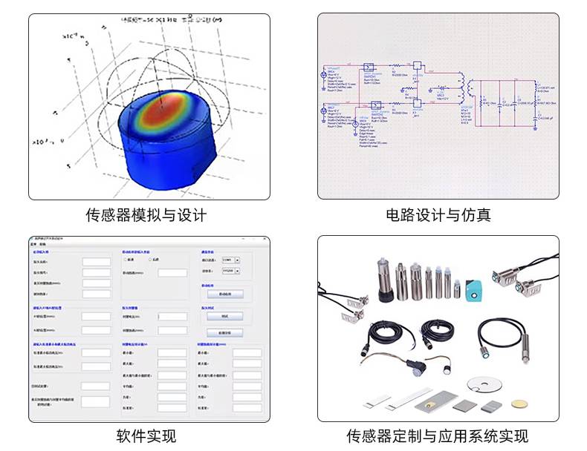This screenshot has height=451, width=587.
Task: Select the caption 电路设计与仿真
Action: (438, 216)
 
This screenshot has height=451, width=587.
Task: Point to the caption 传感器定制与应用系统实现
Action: (438, 435)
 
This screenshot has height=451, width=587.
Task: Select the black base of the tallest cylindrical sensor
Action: (386, 295)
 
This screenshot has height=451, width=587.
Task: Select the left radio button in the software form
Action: (126, 260)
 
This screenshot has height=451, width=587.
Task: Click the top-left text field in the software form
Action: (95, 262)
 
